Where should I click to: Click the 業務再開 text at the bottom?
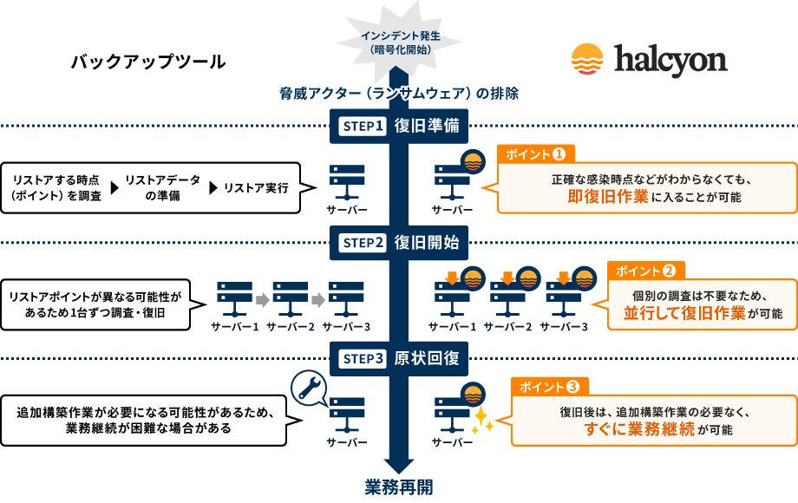[x=399, y=487]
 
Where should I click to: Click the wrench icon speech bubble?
[x=309, y=388]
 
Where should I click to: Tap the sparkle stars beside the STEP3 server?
[x=482, y=421]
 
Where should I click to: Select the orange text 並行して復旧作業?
[x=684, y=313]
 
